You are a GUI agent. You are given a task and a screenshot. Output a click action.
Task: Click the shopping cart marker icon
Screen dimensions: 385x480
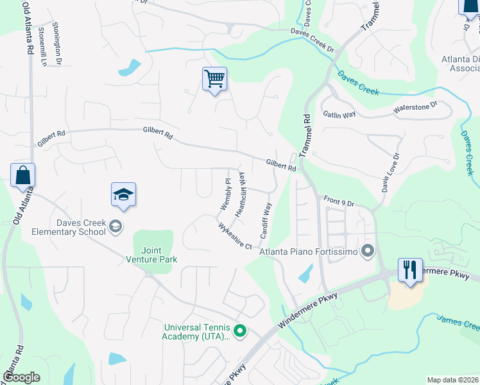point(214,80)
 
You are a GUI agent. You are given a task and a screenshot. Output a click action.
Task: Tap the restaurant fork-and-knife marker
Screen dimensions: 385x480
point(410,269)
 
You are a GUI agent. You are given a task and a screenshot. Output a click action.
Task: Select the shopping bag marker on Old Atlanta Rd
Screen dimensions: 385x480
point(22,175)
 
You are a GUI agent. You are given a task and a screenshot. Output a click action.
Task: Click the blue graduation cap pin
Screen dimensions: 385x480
point(124,195)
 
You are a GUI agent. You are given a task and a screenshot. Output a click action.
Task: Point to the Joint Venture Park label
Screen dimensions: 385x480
point(151,255)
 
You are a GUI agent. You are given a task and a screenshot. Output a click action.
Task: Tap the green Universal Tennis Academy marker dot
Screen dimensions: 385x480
point(240,331)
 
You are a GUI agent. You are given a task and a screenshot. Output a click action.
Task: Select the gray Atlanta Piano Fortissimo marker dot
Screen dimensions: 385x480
point(367,250)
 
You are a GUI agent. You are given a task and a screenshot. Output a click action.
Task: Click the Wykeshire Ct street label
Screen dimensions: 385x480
point(235,236)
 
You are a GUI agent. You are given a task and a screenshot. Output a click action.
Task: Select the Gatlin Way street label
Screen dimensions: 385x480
point(339,115)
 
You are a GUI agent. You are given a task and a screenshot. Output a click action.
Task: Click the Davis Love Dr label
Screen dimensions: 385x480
point(390,173)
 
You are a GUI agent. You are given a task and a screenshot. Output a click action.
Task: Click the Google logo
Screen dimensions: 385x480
point(21,377)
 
